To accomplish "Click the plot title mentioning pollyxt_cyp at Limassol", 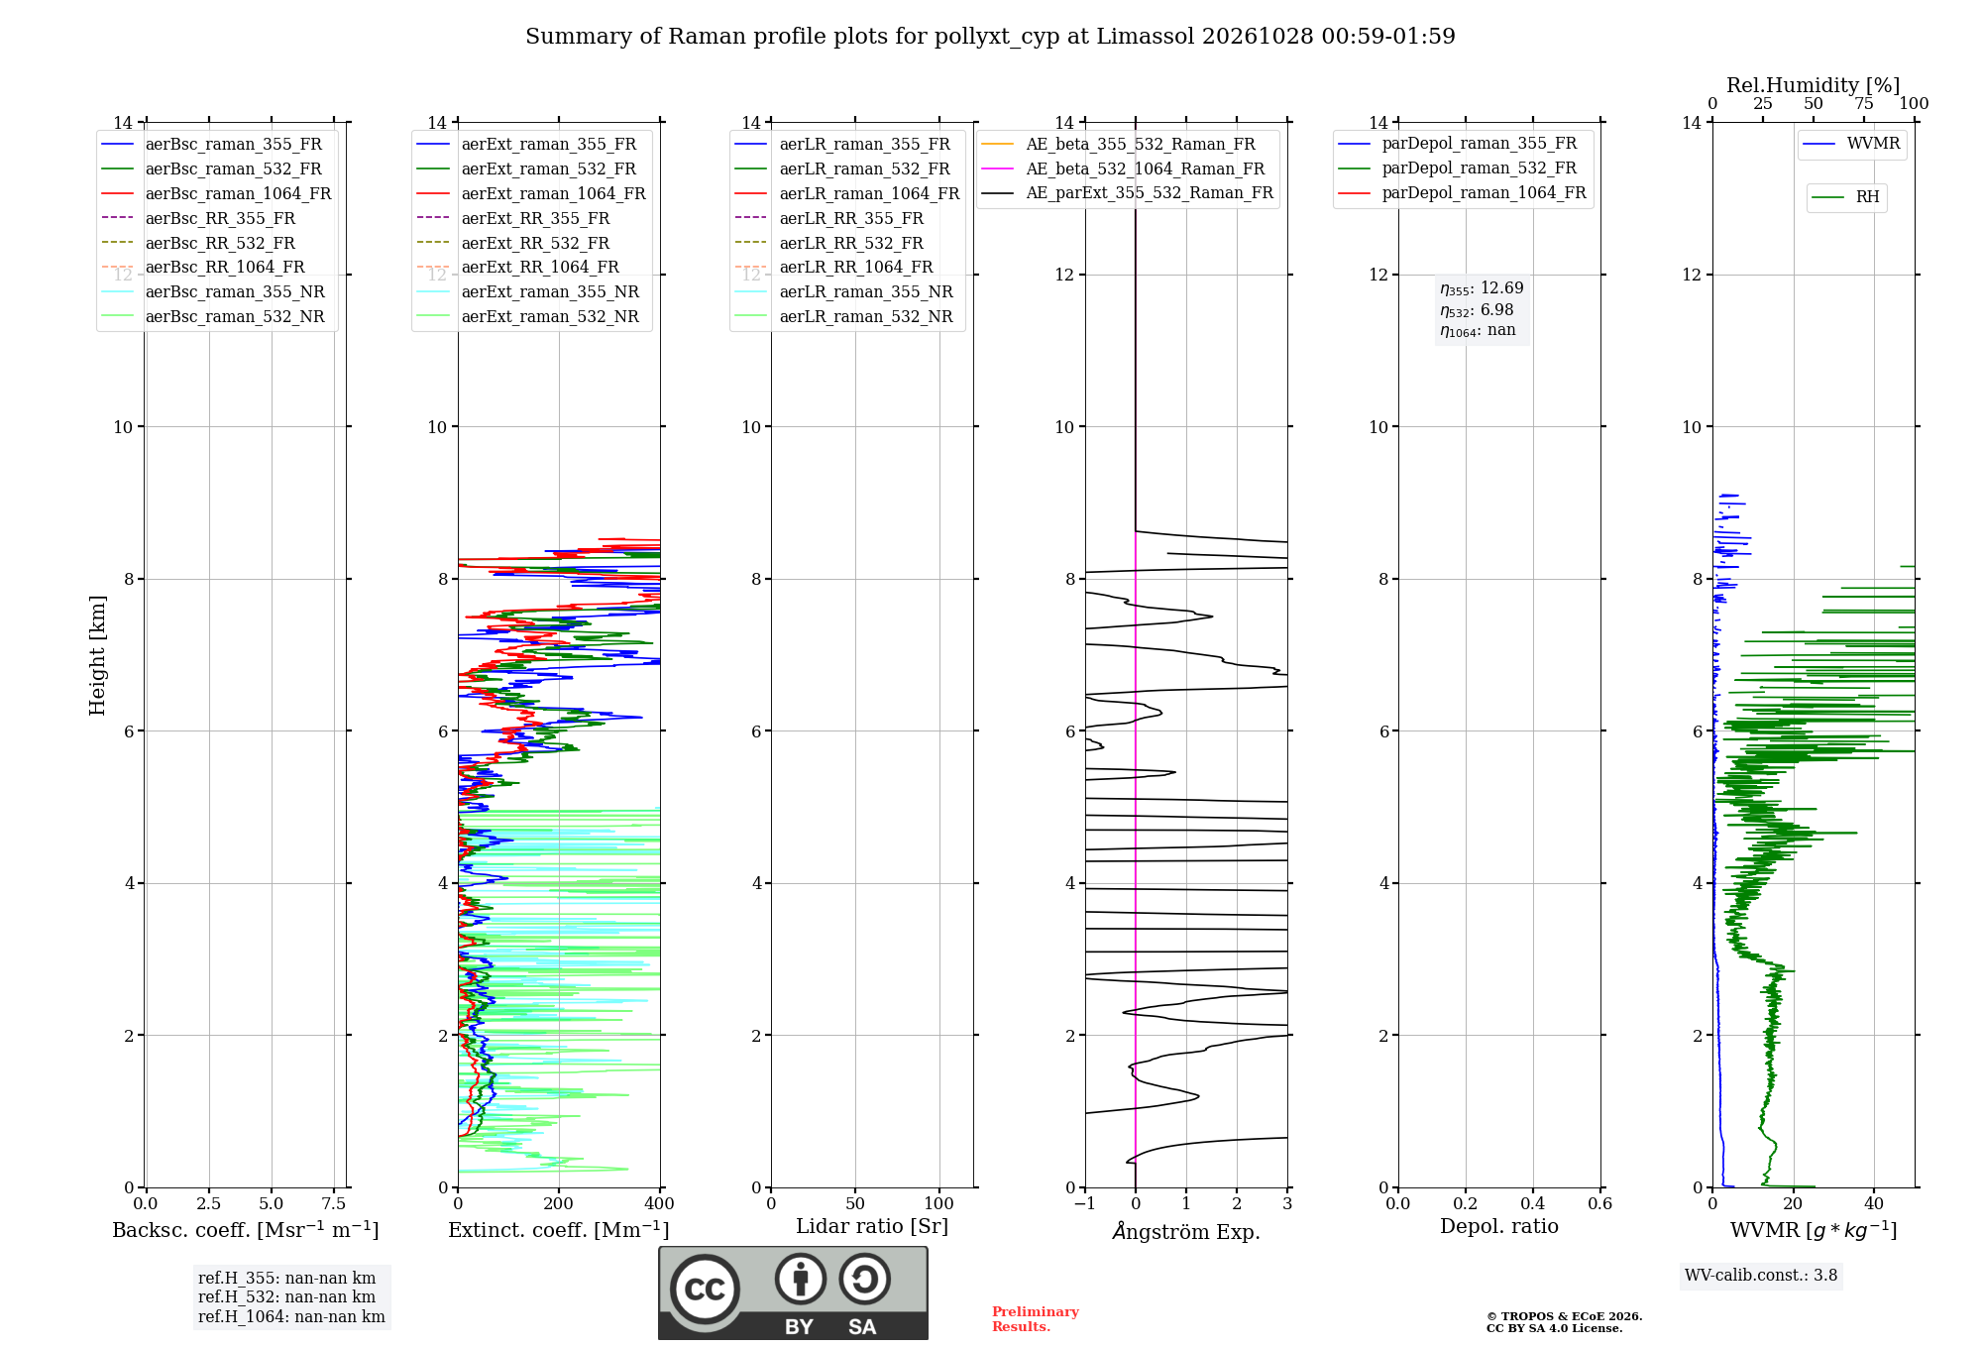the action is (x=990, y=37).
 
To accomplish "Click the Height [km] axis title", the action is (x=97, y=655).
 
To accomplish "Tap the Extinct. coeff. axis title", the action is (x=559, y=1230).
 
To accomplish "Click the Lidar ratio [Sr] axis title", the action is (x=872, y=1227).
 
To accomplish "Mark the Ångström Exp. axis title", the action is (x=1186, y=1231).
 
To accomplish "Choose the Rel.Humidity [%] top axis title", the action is (x=1814, y=85).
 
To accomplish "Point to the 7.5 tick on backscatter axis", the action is (x=334, y=1203).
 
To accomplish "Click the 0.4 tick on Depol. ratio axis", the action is (x=1533, y=1203).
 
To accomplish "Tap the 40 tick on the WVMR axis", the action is (x=1874, y=1203).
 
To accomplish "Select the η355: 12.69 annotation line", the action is (x=1482, y=288).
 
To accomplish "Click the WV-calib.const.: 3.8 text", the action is (x=1761, y=1276).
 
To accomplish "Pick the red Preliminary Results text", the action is (x=1036, y=1319).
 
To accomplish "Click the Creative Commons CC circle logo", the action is (x=705, y=1290).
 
